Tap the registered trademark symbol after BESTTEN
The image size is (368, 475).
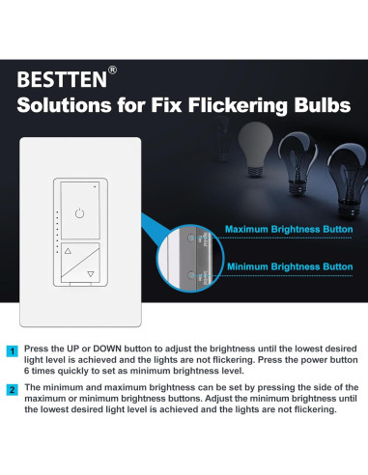(112, 70)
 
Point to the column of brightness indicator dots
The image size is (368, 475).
(58, 227)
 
